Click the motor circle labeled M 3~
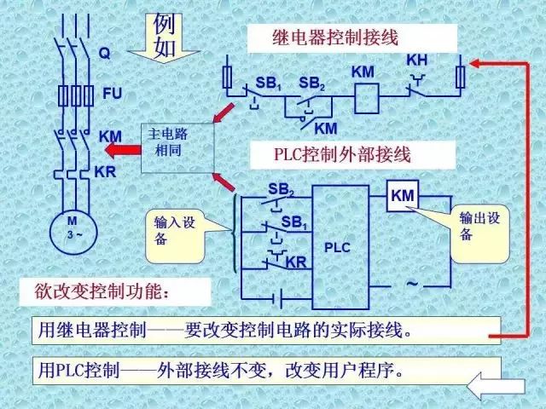(x=73, y=229)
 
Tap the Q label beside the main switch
(x=104, y=53)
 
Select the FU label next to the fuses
(x=111, y=93)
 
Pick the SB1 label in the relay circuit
(x=269, y=84)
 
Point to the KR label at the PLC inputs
(x=296, y=262)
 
